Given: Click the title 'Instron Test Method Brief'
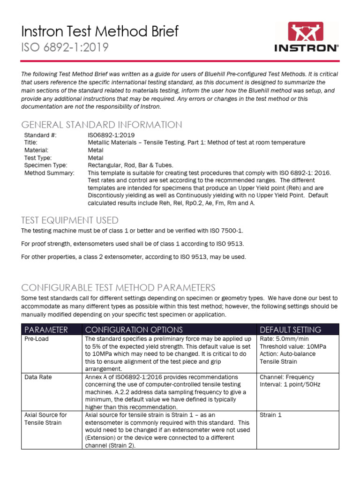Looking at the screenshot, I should pyautogui.click(x=100, y=31).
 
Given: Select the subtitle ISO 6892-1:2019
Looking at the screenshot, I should pyautogui.click(x=65, y=47).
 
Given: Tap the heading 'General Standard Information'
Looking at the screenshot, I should pyautogui.click(x=102, y=125).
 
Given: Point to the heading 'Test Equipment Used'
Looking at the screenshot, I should pyautogui.click(x=70, y=220).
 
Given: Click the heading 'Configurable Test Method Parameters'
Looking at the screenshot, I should pyautogui.click(x=118, y=287).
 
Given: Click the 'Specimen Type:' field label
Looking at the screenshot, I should pyautogui.click(x=45, y=165).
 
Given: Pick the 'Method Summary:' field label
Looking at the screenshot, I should pyautogui.click(x=49, y=172).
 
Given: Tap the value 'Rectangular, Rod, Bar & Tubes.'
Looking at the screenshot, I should pyautogui.click(x=130, y=165).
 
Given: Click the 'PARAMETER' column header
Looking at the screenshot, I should pyautogui.click(x=46, y=330).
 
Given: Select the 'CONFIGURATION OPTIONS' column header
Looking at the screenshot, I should pyautogui.click(x=134, y=330).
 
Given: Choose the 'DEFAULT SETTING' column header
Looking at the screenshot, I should pyautogui.click(x=290, y=330).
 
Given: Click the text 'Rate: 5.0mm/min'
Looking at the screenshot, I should pyautogui.click(x=284, y=339).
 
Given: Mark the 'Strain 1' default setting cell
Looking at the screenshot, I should pyautogui.click(x=270, y=415).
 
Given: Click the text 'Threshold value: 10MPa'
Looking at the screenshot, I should pyautogui.click(x=293, y=347).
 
